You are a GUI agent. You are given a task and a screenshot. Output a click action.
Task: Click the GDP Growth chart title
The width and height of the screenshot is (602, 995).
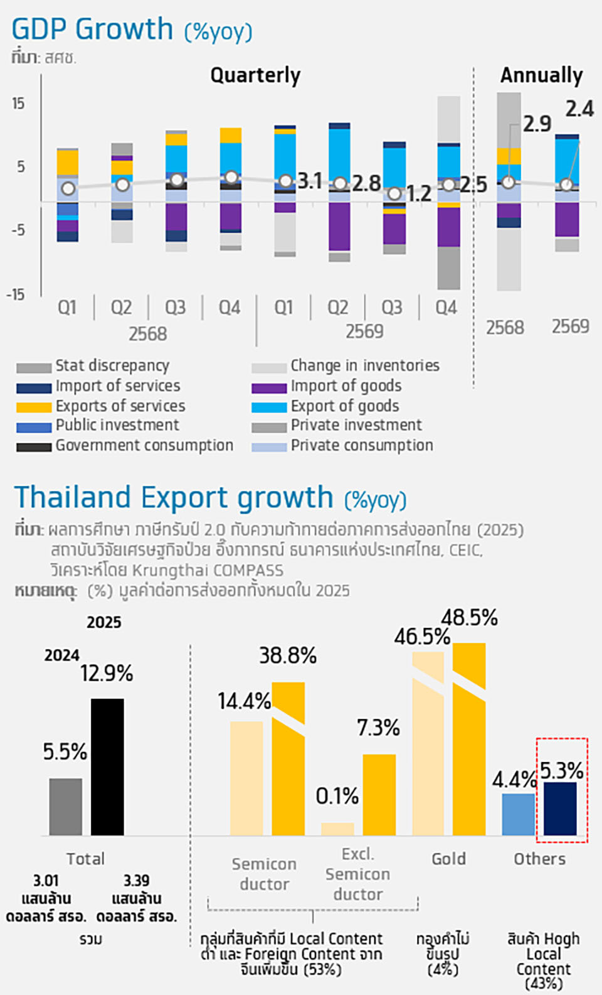[132, 30]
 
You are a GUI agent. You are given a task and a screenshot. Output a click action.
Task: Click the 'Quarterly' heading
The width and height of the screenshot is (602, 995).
[255, 75]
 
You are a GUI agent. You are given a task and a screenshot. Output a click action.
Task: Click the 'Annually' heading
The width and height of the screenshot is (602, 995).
[541, 75]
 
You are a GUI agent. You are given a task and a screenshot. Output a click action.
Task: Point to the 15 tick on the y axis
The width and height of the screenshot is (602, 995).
[18, 104]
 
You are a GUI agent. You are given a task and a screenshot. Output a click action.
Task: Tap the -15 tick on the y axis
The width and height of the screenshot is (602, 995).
[17, 294]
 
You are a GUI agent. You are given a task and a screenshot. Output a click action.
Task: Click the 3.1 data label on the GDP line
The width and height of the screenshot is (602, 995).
[310, 181]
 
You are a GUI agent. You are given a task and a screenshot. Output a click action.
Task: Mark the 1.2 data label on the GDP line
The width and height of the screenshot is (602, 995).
[419, 194]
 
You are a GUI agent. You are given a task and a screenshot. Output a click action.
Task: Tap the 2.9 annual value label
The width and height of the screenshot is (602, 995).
[537, 124]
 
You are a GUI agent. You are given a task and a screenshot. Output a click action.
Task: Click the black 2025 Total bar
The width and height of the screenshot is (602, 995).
[107, 766]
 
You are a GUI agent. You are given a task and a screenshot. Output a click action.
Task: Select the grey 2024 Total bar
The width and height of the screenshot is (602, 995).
[66, 807]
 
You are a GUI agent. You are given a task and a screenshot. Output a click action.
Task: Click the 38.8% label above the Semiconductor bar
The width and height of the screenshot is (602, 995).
[288, 656]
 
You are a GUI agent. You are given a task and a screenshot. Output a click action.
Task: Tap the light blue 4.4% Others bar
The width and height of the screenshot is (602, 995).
[519, 814]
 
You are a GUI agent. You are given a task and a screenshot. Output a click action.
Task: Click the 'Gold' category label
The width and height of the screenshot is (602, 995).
[448, 859]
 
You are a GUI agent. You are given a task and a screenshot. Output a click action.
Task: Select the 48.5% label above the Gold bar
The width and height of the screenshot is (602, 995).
[469, 618]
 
